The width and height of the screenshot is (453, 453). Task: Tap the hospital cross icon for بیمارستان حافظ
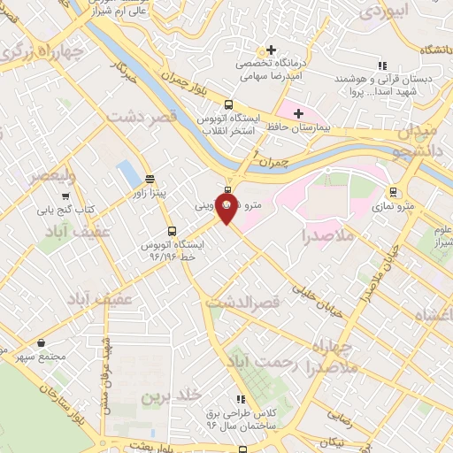coord(298,113)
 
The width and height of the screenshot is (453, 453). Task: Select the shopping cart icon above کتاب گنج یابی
coord(65,196)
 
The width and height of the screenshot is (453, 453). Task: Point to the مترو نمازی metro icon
coord(394,191)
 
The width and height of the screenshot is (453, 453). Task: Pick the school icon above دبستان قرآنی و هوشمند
coord(381,65)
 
